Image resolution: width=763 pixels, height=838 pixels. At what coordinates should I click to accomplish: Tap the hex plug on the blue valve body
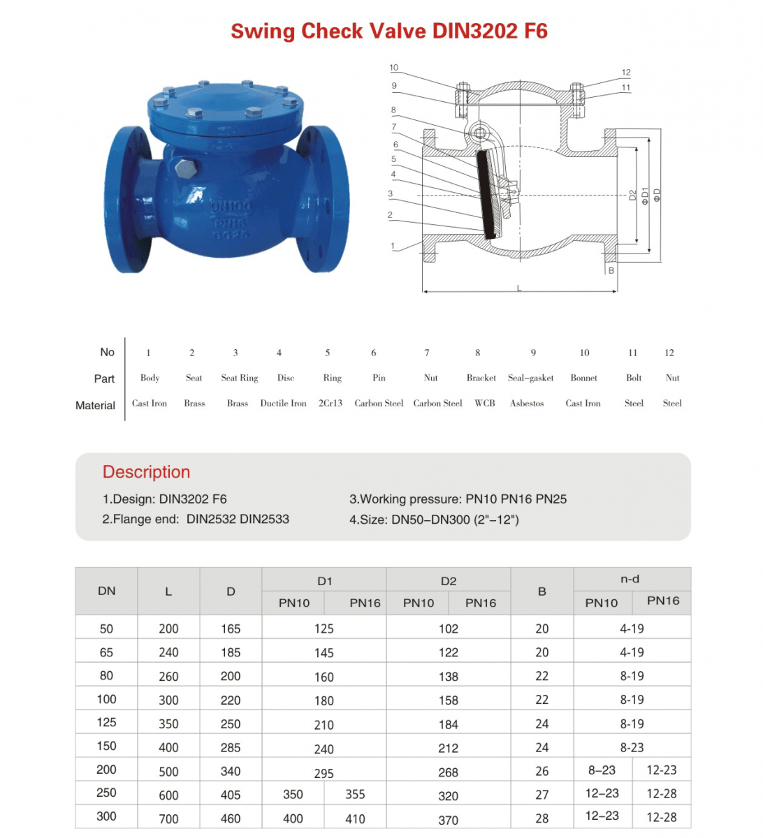[x=185, y=168]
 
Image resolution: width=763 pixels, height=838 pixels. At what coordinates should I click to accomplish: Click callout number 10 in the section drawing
[x=394, y=68]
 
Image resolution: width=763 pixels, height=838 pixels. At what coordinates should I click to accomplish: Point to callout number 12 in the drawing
[x=626, y=73]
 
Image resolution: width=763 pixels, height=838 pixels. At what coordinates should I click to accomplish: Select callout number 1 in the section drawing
[x=393, y=246]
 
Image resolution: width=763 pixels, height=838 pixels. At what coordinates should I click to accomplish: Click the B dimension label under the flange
[x=611, y=270]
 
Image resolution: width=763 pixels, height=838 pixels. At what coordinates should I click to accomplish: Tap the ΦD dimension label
[x=657, y=196]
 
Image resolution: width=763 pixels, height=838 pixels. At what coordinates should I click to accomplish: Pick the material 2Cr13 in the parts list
[x=330, y=404]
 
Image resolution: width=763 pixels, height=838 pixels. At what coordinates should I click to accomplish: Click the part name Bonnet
[x=583, y=378]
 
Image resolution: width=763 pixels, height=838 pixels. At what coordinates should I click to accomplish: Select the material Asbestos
[x=527, y=404]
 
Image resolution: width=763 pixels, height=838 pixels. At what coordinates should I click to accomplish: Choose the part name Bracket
[x=481, y=378]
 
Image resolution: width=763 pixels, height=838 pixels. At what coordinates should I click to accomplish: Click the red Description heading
[x=146, y=472]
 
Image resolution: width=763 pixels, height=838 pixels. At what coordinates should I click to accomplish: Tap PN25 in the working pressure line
[x=551, y=499]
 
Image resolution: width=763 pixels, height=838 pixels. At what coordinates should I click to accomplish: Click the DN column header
[x=106, y=591]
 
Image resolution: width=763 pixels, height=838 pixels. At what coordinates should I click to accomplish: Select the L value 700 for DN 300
[x=168, y=818]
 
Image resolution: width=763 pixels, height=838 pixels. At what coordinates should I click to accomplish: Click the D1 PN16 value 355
[x=355, y=795]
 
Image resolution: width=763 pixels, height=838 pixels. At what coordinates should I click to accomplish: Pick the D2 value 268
[x=449, y=772]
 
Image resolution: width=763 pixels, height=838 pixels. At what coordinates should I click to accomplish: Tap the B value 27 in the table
[x=542, y=795]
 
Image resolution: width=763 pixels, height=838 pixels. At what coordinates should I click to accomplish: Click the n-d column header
[x=630, y=579]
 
